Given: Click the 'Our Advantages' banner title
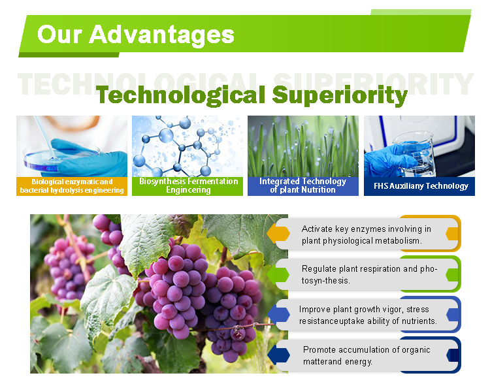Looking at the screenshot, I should tap(135, 34).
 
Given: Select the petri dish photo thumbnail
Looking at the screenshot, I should tap(72, 146).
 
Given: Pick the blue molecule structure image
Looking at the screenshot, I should tap(187, 146).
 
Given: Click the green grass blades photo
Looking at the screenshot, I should tap(303, 146).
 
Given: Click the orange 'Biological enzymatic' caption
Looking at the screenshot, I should tap(72, 186).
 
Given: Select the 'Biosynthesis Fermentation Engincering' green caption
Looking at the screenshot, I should tap(188, 186).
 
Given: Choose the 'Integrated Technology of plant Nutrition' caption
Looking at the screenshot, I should tap(303, 186).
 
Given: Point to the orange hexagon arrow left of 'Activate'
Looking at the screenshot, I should tap(279, 233).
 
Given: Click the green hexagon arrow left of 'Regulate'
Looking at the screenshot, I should tap(279, 274).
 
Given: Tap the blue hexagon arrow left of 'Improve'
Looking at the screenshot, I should tap(279, 315).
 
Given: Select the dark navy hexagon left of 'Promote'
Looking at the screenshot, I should tap(279, 355).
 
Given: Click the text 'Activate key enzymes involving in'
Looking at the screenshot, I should tap(366, 229).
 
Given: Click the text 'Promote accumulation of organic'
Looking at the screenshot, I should tap(367, 349).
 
